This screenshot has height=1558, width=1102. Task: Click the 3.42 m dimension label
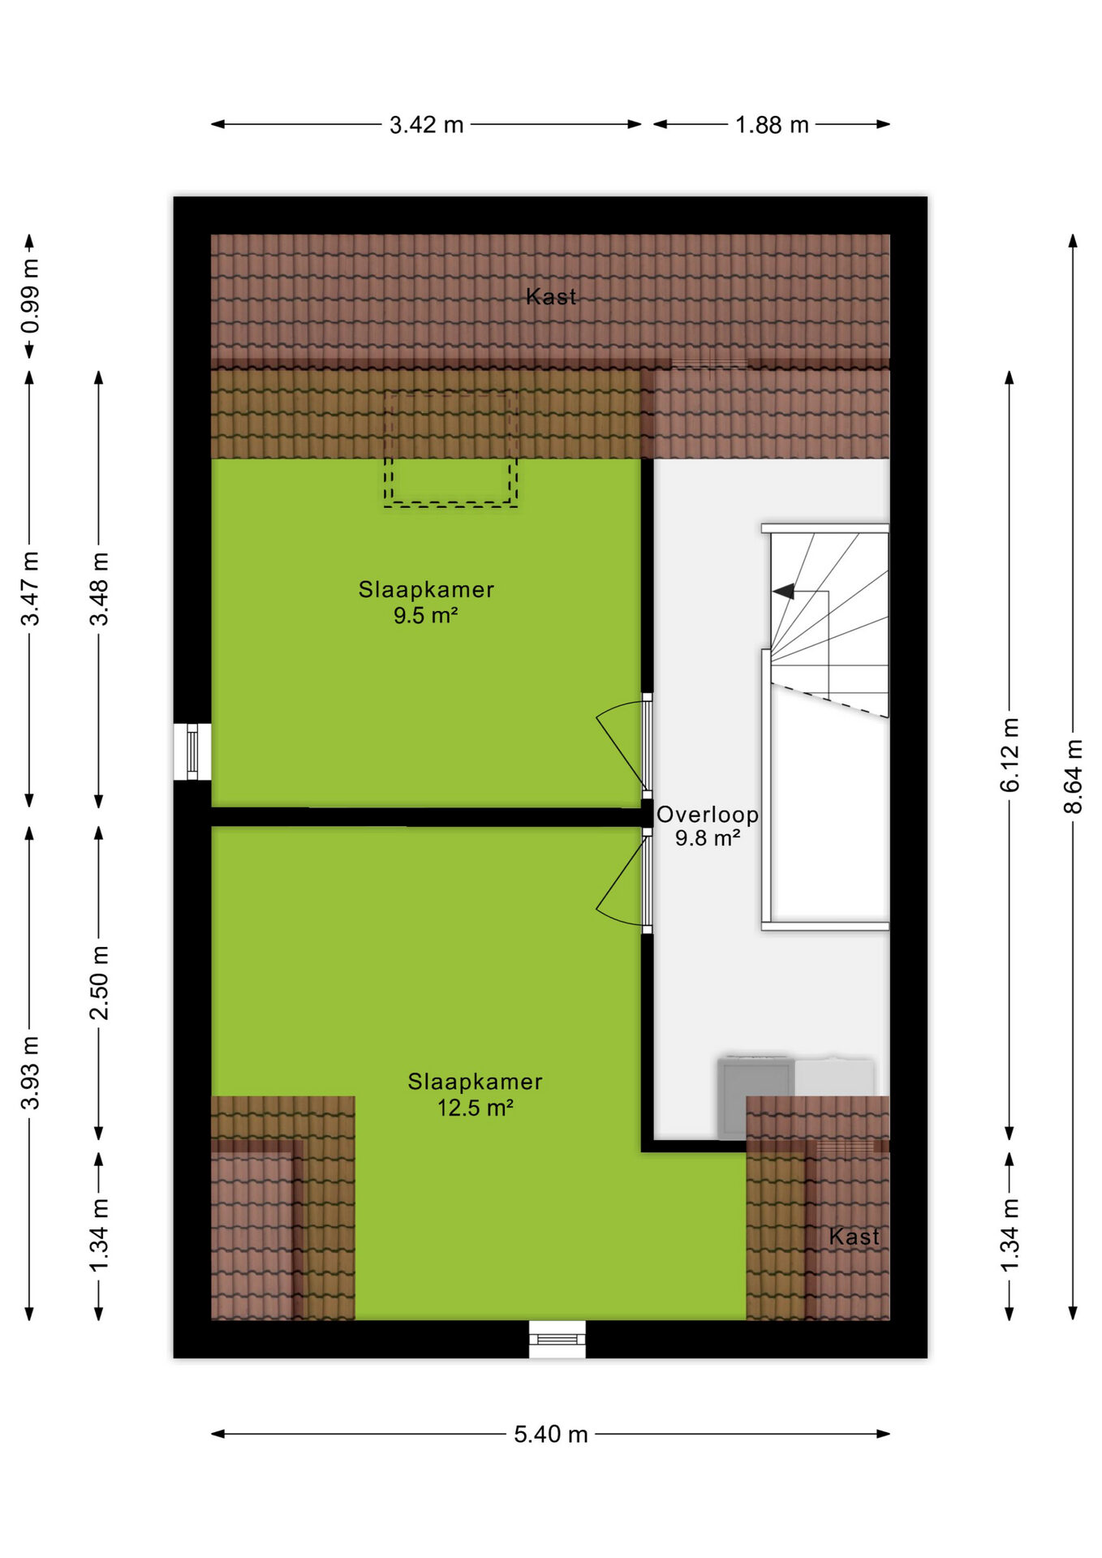click(426, 125)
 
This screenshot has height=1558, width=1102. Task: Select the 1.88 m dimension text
click(772, 125)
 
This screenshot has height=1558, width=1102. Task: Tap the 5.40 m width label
click(550, 1434)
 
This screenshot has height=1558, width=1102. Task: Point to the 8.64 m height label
click(1073, 777)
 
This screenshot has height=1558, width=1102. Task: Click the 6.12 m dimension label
click(1009, 755)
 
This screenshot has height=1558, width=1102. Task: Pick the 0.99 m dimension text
click(30, 296)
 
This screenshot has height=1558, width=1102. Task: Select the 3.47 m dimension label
click(30, 589)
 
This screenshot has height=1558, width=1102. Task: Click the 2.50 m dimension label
click(99, 983)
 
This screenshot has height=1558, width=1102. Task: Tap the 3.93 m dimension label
click(30, 1073)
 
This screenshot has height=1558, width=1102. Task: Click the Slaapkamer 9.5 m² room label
click(426, 602)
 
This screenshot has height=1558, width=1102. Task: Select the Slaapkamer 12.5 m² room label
click(475, 1095)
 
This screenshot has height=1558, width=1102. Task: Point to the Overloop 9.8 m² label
click(708, 826)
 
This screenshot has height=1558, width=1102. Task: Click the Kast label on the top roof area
click(551, 297)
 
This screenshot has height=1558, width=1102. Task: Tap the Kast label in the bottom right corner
click(854, 1237)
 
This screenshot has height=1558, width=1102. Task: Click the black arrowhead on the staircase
click(784, 592)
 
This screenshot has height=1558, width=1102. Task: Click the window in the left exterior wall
click(192, 752)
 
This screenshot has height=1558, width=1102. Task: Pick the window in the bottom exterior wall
click(557, 1339)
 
